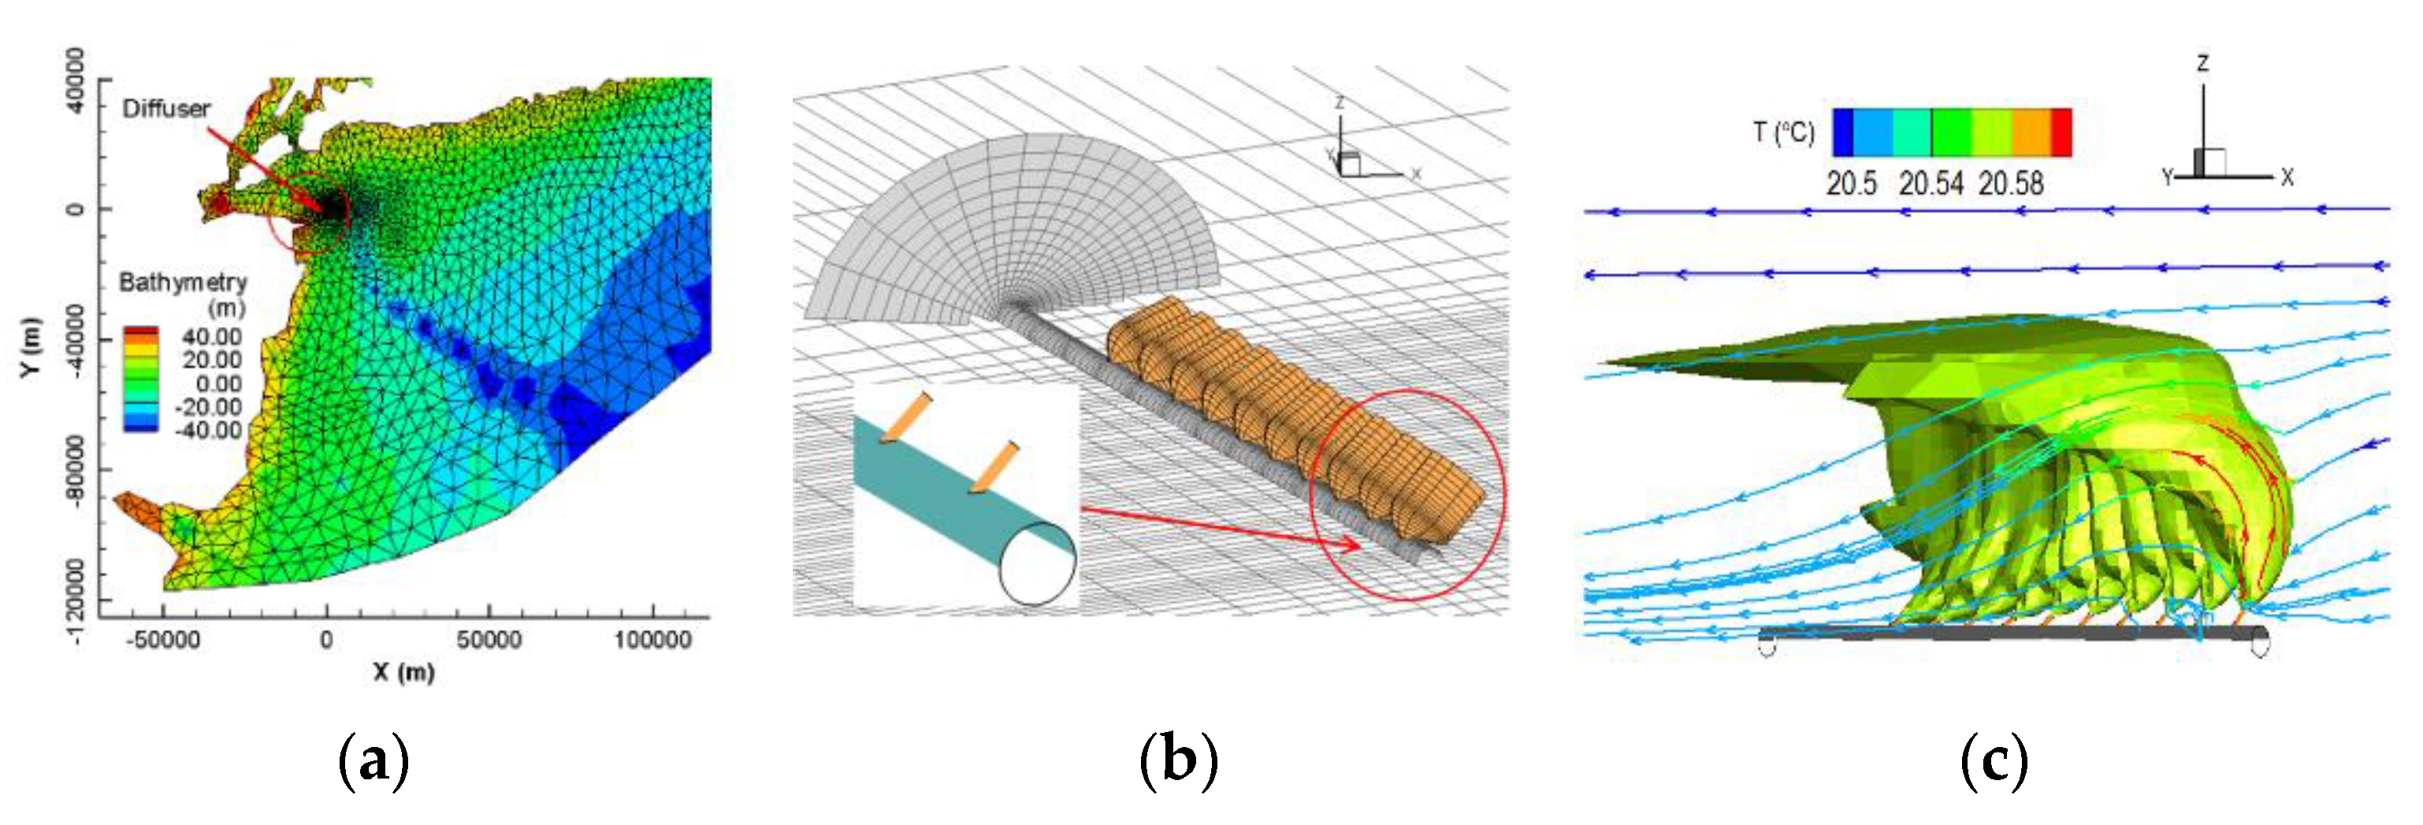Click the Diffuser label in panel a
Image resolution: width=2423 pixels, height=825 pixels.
click(165, 108)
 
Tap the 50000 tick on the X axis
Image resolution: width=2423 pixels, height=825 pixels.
click(489, 641)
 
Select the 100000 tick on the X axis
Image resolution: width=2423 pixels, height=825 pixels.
click(652, 641)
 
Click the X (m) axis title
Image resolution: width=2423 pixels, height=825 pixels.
click(403, 671)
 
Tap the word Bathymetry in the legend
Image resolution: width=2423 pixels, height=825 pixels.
click(183, 282)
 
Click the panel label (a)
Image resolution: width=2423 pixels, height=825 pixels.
click(373, 760)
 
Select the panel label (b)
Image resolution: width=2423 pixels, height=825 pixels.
click(1178, 760)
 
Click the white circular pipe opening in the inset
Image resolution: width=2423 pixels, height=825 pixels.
click(1038, 563)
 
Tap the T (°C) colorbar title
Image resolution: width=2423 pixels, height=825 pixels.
click(1783, 132)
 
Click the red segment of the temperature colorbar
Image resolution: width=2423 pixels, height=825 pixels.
click(2061, 132)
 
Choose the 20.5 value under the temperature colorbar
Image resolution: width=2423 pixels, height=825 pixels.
click(1851, 184)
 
